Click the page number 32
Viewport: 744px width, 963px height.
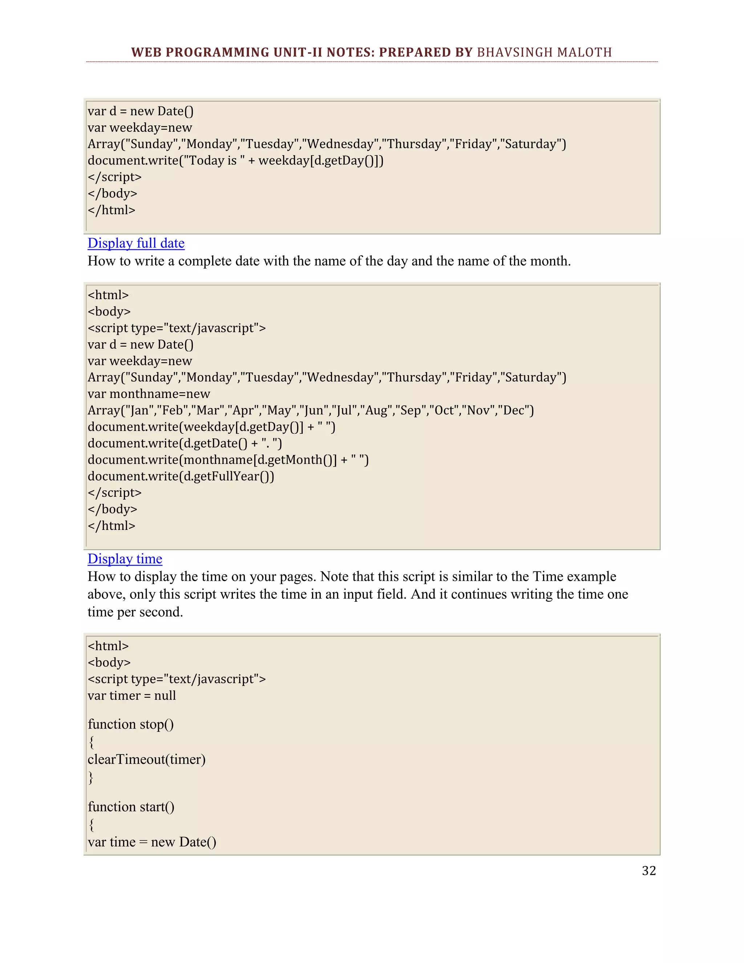(649, 871)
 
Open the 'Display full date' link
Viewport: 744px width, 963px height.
(136, 243)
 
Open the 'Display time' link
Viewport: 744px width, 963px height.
(125, 559)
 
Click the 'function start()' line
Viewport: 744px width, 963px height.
(131, 807)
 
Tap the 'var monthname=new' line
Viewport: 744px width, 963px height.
(149, 394)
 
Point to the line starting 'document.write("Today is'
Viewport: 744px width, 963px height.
(235, 161)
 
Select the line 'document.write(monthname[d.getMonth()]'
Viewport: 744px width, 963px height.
(228, 460)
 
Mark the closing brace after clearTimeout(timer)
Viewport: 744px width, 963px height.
(91, 777)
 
